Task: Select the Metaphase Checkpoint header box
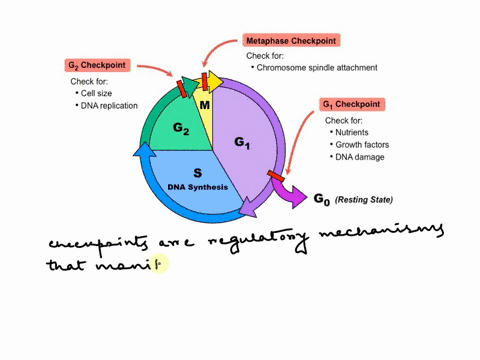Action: (291, 41)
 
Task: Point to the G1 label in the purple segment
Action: (244, 143)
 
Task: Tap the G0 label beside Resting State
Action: (321, 200)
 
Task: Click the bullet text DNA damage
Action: (360, 158)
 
